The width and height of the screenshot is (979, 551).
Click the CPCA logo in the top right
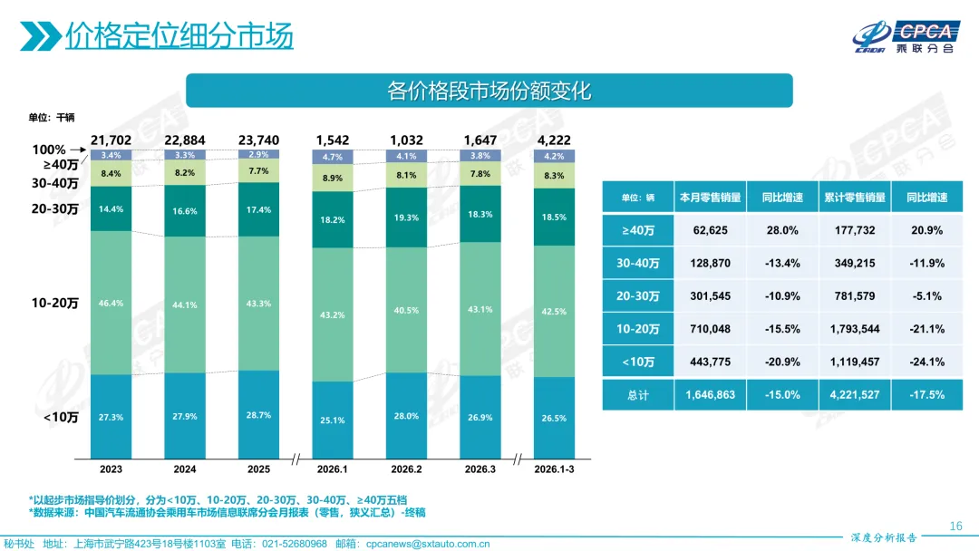point(907,37)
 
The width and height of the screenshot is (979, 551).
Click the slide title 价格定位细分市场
point(179,36)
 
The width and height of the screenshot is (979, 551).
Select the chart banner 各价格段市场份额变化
point(489,91)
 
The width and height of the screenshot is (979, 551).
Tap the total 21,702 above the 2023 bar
point(112,140)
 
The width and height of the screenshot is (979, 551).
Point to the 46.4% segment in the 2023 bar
point(111,303)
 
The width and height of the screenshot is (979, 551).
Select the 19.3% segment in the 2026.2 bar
point(405,217)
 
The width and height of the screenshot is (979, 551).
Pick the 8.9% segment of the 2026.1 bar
point(332,179)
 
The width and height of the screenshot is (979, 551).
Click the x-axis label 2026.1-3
point(552,469)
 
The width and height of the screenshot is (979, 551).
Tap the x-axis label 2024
point(185,469)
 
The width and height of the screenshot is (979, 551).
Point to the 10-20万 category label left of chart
point(55,303)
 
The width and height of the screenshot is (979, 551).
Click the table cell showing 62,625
point(710,230)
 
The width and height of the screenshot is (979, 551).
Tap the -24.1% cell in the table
point(928,362)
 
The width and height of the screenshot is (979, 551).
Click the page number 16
point(955,527)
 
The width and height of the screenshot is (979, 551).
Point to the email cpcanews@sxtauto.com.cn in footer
point(426,544)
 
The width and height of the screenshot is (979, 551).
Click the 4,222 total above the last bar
point(552,140)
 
